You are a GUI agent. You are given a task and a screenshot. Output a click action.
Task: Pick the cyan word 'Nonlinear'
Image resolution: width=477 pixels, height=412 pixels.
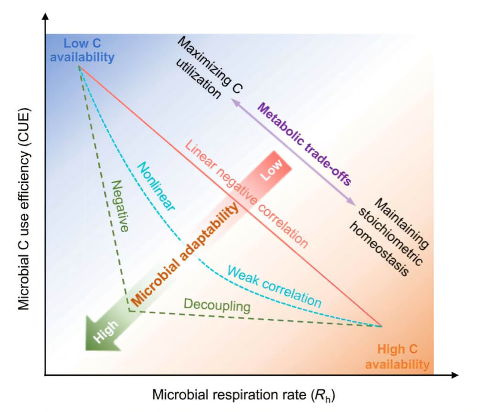(x=156, y=188)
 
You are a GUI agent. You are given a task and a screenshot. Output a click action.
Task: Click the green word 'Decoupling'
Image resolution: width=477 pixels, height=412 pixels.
(x=216, y=306)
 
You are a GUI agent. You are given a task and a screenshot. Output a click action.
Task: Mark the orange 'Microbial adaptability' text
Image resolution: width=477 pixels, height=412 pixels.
(x=185, y=253)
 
